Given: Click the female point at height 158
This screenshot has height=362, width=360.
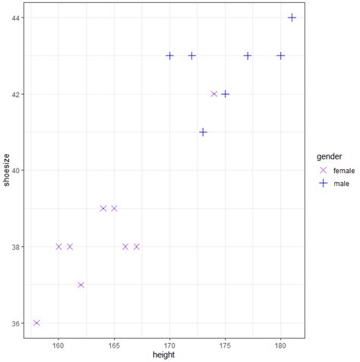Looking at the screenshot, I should [x=36, y=323].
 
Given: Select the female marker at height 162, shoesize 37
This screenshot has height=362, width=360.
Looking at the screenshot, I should [x=81, y=285].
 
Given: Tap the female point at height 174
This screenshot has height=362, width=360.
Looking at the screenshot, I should [x=214, y=94].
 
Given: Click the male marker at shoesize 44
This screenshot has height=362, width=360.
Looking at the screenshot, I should [x=292, y=17].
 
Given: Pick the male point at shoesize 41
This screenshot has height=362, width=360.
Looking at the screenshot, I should [x=203, y=132].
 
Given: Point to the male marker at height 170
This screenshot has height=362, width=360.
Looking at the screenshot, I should [x=169, y=55].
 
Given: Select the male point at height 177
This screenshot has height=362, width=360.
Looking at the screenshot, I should [x=248, y=55].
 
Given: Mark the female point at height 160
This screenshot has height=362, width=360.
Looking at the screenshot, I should [x=58, y=247].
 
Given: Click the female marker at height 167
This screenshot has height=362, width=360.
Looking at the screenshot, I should [x=137, y=247].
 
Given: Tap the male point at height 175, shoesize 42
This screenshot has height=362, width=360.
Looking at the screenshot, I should [x=225, y=94].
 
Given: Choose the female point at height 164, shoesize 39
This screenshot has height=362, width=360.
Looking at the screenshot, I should [x=103, y=208].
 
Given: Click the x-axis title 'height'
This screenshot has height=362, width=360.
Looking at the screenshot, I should [x=163, y=354].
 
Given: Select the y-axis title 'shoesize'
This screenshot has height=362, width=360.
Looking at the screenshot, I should [x=8, y=170].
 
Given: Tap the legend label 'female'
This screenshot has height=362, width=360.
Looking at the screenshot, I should [x=344, y=171].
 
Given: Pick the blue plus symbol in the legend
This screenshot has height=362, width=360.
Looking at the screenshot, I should [x=324, y=184].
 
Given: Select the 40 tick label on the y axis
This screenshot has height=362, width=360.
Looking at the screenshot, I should [x=17, y=170].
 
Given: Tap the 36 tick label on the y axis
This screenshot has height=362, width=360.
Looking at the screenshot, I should [x=17, y=323].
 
